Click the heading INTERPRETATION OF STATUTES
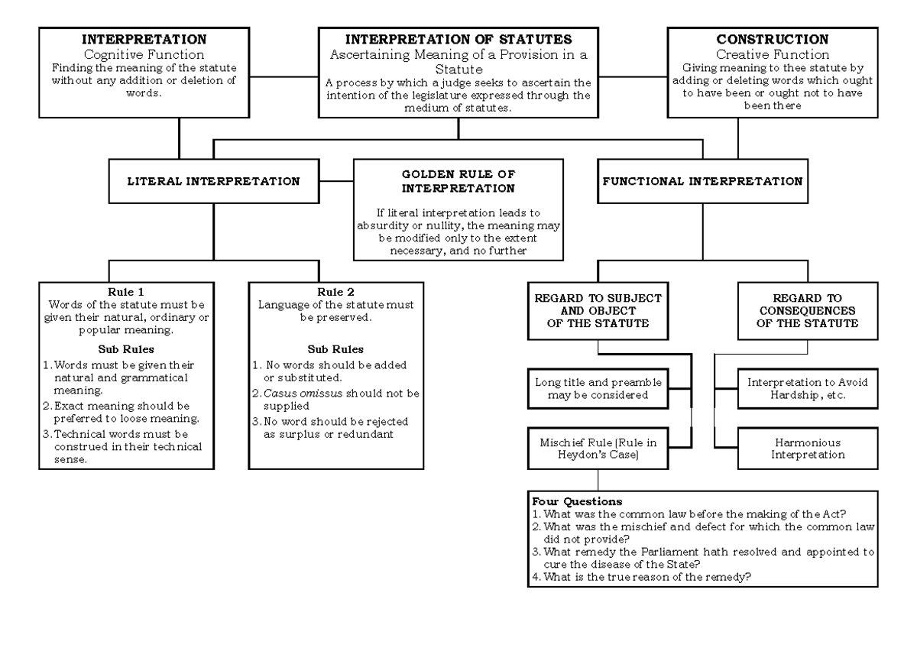coord(458,39)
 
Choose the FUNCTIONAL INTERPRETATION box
coord(702,182)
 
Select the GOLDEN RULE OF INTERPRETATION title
coord(458,181)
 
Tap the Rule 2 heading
coord(335,291)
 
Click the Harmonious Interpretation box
coord(797,448)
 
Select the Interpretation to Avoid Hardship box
coord(797,387)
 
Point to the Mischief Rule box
coord(598,448)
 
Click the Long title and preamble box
coord(598,387)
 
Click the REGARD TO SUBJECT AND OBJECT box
coord(598,310)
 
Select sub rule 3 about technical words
coord(122,446)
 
